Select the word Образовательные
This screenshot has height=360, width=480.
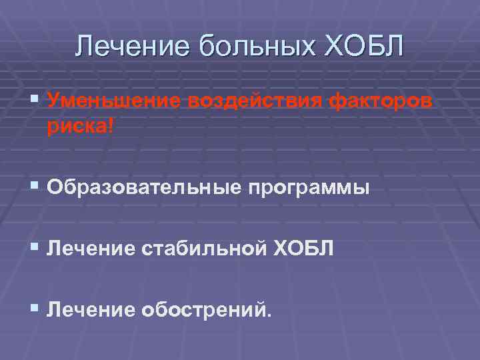(143, 189)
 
